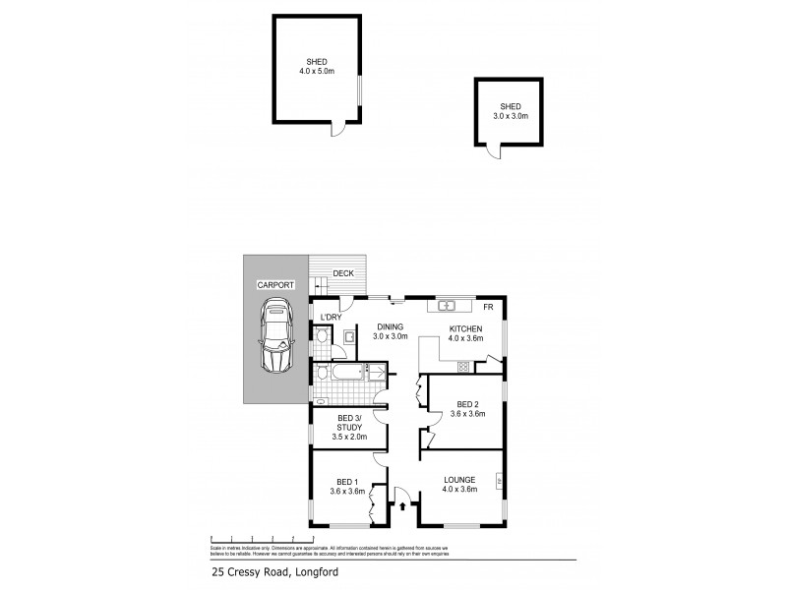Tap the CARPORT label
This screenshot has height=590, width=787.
276,284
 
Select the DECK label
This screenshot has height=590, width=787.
342,274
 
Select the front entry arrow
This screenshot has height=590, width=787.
402,507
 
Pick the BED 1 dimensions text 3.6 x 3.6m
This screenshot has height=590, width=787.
347,492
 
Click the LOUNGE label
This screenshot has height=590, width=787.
459,479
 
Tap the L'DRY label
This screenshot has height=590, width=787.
332,317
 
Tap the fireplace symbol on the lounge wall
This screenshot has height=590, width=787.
500,481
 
